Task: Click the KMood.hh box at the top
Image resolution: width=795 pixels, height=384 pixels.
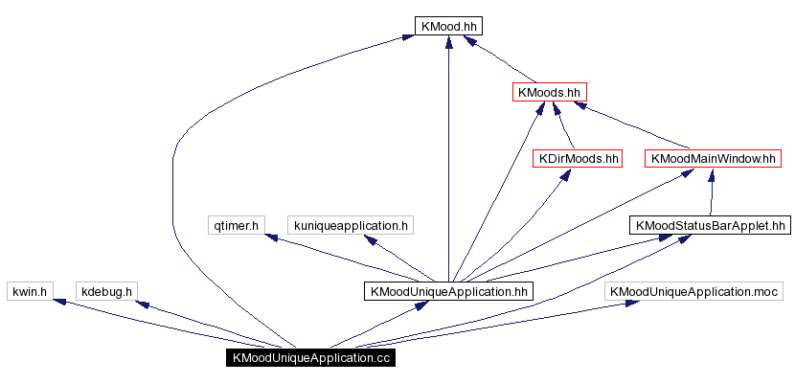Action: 448,26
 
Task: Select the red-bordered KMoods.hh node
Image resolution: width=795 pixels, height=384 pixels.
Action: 549,92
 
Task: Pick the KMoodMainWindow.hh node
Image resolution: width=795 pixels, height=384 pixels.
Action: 712,158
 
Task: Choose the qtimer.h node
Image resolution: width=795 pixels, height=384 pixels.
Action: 235,225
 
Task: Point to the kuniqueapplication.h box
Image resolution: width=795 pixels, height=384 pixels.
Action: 352,225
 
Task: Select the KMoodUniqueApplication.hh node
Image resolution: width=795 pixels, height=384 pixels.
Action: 447,291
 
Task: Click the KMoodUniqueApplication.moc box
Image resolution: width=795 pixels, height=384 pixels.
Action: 694,291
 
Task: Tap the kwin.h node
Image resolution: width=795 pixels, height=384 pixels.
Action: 29,291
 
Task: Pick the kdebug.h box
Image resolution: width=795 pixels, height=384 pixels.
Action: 106,291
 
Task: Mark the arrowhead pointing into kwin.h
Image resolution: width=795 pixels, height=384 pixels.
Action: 59,302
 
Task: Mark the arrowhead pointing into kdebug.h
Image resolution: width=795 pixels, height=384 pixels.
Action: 142,305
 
